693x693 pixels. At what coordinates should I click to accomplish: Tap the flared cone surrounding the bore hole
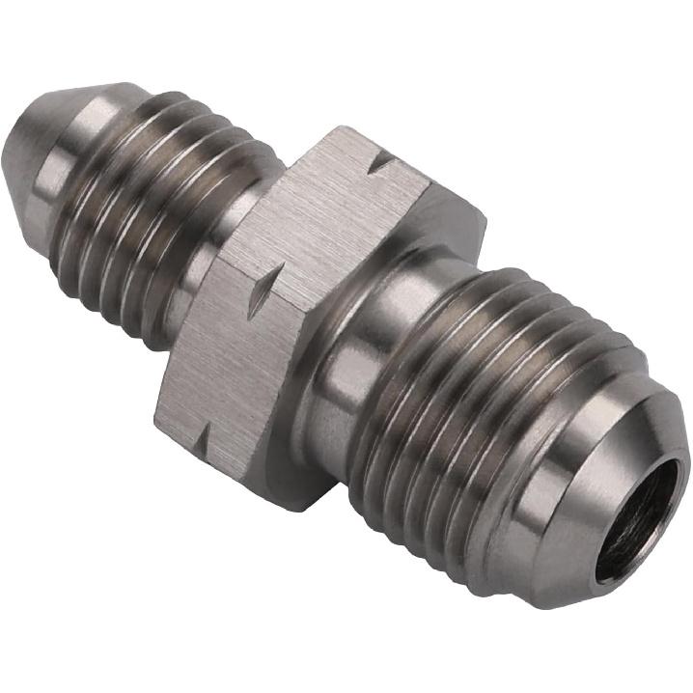(x=579, y=483)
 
